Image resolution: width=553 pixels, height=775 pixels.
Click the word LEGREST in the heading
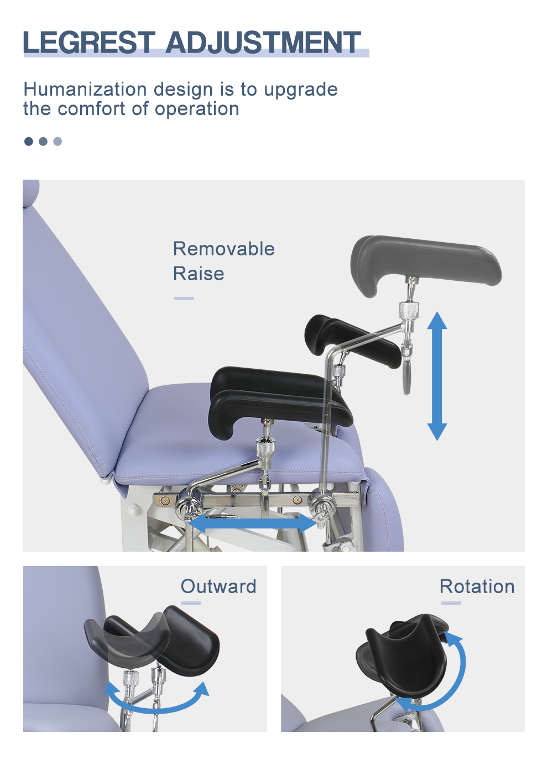89,42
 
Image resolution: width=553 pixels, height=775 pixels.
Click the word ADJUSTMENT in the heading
263,42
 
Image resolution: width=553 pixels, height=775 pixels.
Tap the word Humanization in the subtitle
85,89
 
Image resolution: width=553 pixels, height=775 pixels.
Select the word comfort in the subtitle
92,109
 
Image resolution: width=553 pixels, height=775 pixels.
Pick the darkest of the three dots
29,141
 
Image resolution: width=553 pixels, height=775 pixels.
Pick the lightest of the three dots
58,141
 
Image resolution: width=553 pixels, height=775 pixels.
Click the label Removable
223,249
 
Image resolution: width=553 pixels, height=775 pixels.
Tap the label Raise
199,274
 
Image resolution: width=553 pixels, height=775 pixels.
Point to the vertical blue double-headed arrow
437,376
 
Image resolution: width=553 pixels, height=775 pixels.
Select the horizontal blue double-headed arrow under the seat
253,523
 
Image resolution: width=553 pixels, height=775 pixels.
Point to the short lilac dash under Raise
184,299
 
